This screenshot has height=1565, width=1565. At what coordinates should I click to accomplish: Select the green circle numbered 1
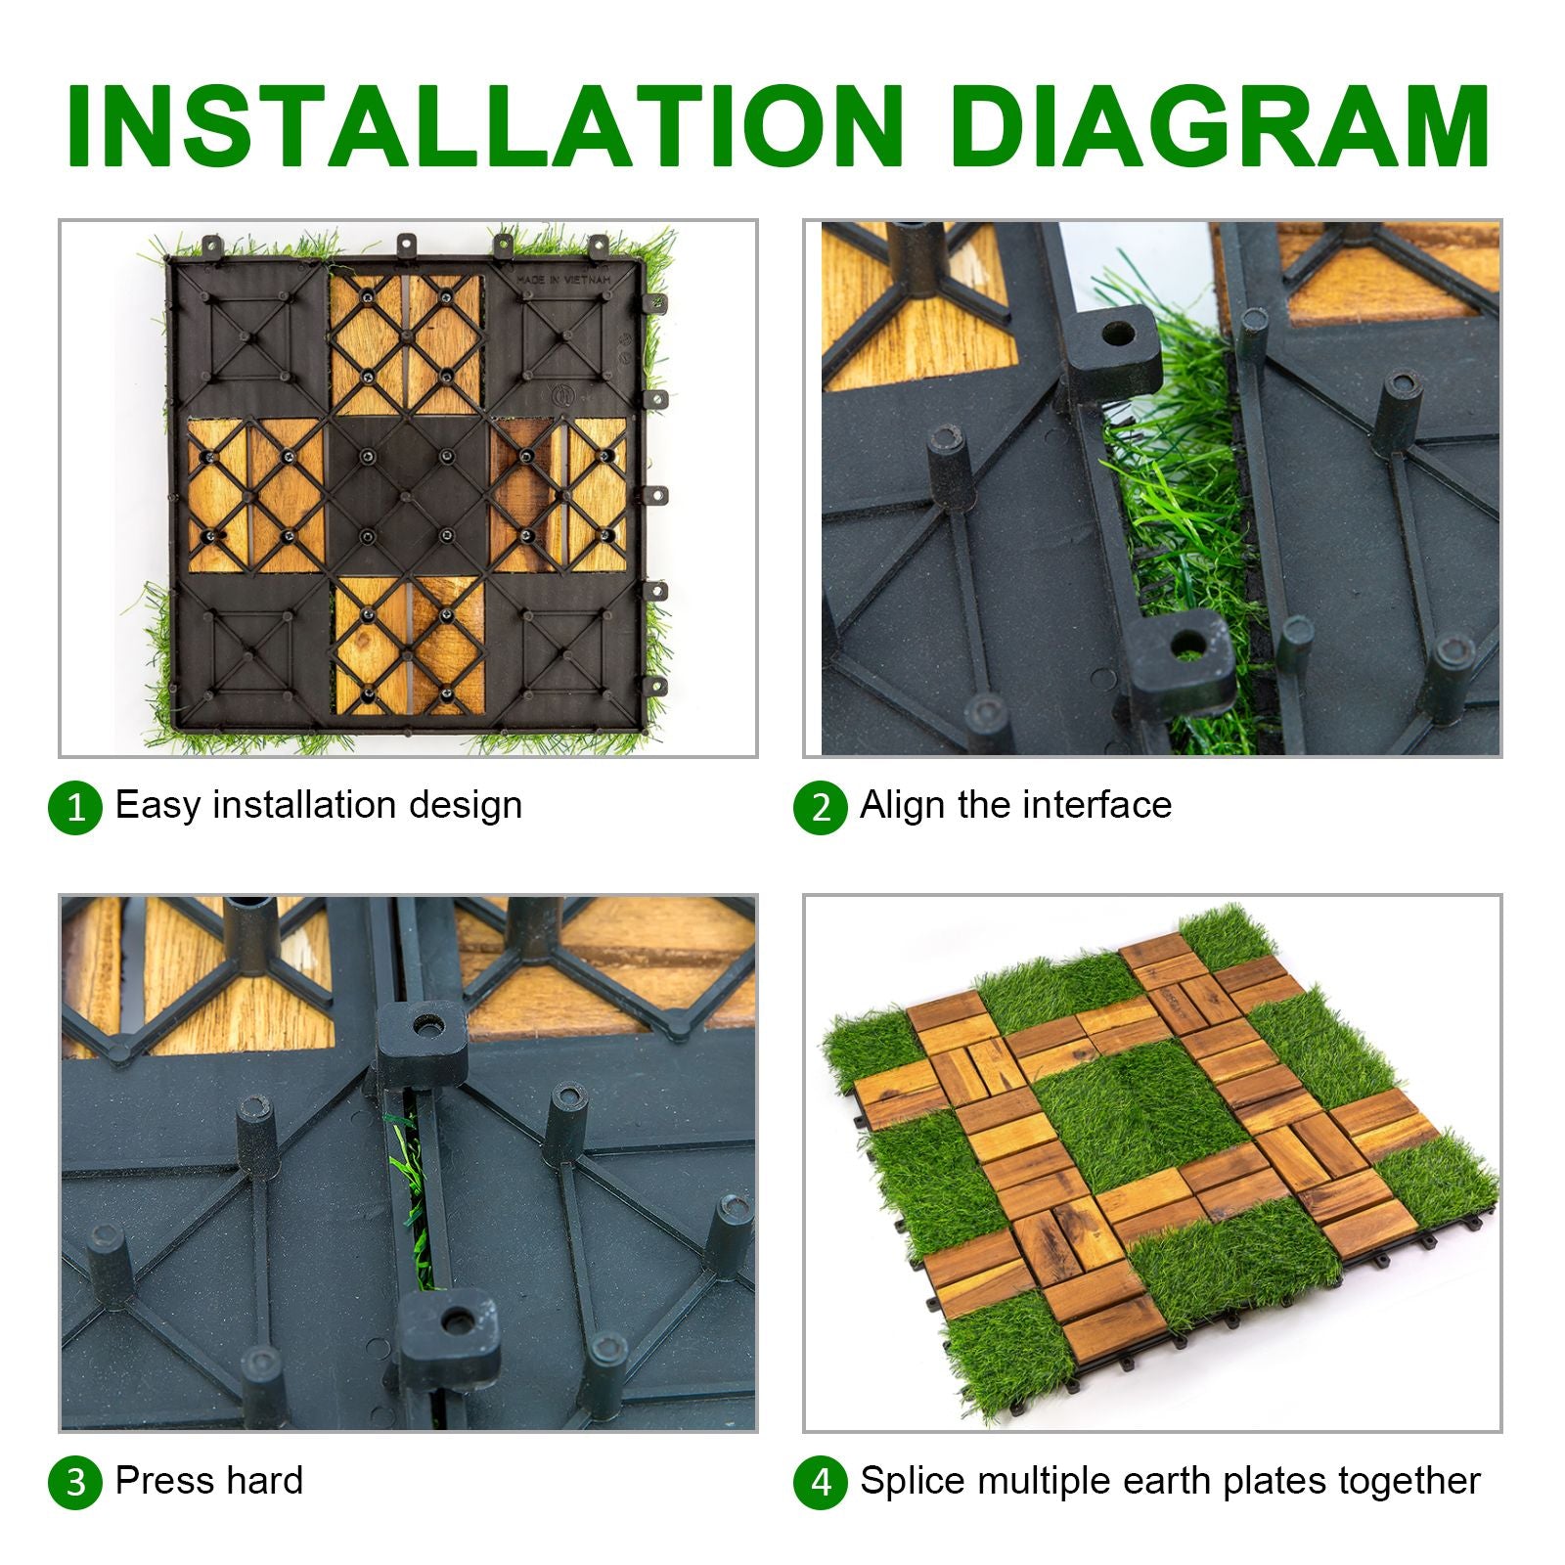point(75,808)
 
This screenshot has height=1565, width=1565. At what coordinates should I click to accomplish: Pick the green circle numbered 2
point(820,808)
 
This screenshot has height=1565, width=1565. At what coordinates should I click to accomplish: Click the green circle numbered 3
point(75,1483)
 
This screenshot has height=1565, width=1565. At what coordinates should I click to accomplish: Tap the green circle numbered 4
point(820,1483)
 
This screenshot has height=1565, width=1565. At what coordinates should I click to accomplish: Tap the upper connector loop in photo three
point(423,1041)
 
